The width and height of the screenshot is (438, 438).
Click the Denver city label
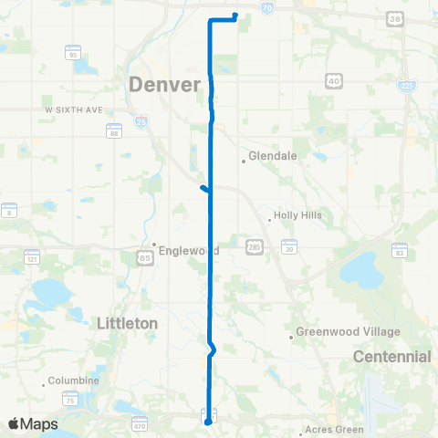[x=165, y=85]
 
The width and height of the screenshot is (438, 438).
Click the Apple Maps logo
[x=34, y=423]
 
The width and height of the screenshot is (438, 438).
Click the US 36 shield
[x=395, y=18]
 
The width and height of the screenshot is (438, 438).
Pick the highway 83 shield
[x=400, y=249]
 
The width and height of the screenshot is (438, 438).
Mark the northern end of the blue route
[x=235, y=15]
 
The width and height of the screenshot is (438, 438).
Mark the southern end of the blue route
[x=207, y=422]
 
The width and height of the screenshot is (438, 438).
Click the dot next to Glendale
[x=244, y=162]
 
